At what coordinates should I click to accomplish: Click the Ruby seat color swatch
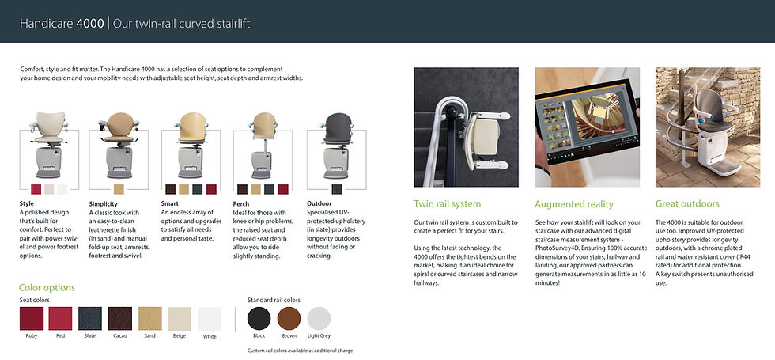[32, 318]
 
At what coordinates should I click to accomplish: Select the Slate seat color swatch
[90, 318]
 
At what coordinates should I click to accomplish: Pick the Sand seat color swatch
[149, 318]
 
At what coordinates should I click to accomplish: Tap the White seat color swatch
[210, 318]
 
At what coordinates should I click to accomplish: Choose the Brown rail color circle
[289, 318]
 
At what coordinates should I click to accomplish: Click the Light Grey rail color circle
[319, 318]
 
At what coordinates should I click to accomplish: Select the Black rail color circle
[259, 318]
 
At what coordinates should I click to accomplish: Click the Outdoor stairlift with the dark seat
[337, 146]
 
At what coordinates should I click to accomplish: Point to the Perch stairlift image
[263, 146]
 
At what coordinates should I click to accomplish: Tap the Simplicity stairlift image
[119, 146]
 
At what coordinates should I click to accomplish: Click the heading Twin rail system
[447, 204]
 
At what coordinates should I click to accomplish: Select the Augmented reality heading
[574, 204]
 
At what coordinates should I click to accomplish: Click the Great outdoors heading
[687, 204]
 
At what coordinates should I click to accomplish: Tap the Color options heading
[47, 288]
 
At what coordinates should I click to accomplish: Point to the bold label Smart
[169, 203]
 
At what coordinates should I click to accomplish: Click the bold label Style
[27, 203]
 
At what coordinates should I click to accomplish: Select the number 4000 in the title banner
[90, 23]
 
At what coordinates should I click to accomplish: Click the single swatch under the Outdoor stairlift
[337, 189]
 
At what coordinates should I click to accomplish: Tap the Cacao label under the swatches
[120, 336]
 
